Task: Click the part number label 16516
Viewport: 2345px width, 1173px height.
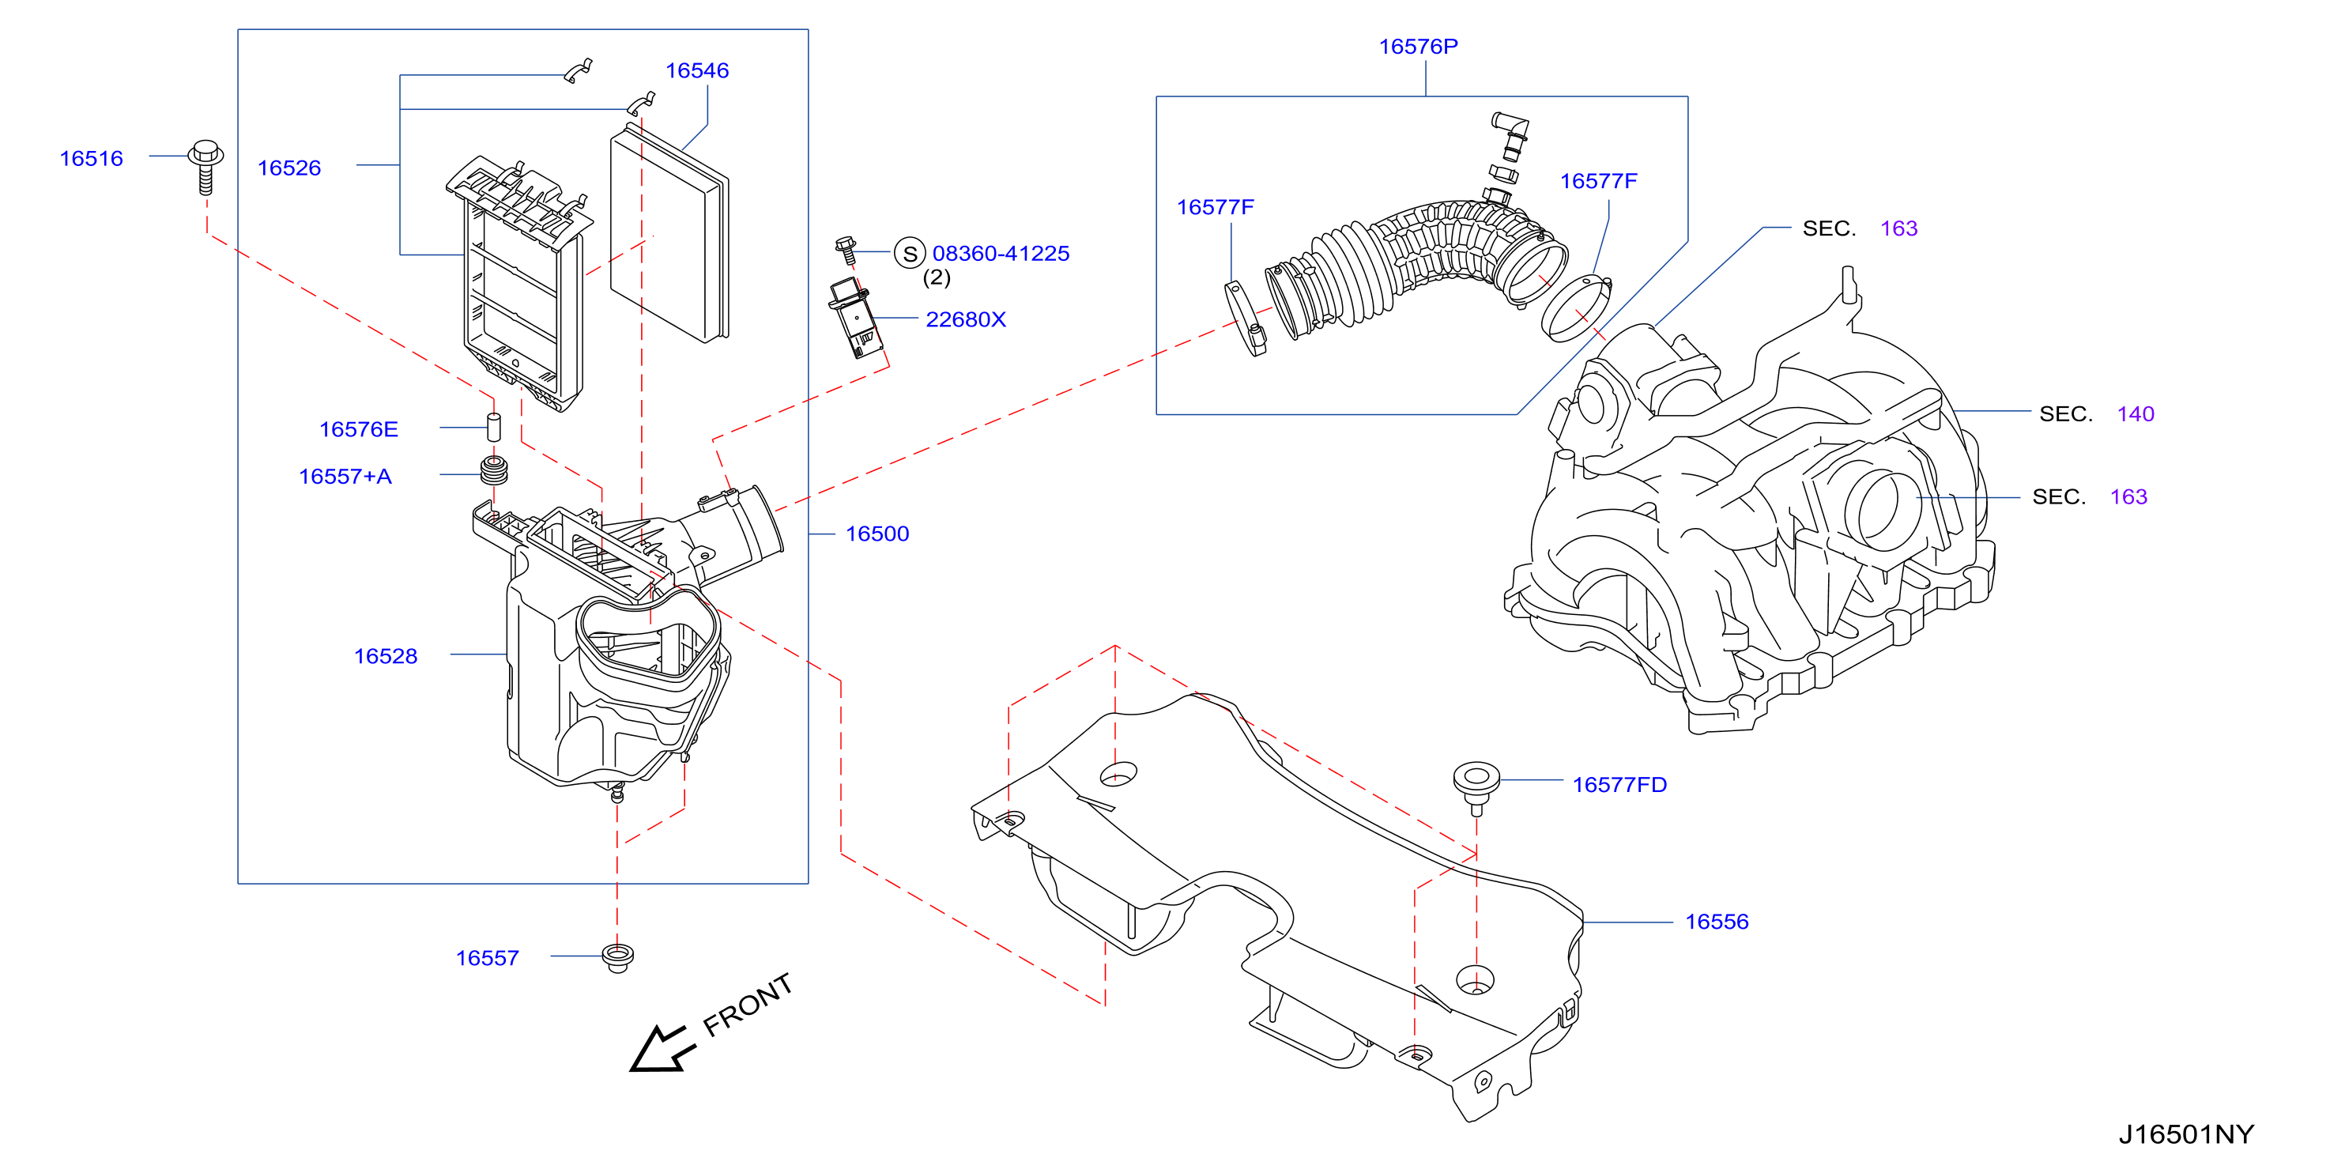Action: [x=91, y=158]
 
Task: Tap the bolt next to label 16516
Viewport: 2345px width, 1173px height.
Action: [x=205, y=166]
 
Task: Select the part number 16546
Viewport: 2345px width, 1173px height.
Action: [x=697, y=70]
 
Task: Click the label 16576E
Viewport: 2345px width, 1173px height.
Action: [x=359, y=429]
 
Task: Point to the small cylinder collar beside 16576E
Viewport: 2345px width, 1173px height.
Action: [x=494, y=427]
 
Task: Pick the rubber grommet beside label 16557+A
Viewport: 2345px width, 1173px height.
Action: [x=493, y=472]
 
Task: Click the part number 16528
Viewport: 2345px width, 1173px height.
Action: [x=385, y=656]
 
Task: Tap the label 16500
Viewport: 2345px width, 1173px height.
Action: [x=877, y=534]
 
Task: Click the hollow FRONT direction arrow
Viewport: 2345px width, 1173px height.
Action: [x=660, y=1050]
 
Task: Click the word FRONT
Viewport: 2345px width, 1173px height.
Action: [x=748, y=1005]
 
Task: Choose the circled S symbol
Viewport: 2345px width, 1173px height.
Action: [x=910, y=253]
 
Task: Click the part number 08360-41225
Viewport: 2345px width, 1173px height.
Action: [x=1001, y=253]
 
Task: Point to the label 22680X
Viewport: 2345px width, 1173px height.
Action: [x=966, y=319]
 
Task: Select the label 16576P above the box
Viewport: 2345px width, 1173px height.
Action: [x=1418, y=47]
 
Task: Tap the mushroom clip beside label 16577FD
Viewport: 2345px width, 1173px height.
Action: [x=1476, y=788]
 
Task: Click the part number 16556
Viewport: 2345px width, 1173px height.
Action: [x=1717, y=922]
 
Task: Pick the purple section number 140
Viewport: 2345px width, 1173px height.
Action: [x=2136, y=414]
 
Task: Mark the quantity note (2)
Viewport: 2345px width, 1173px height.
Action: [x=937, y=277]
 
